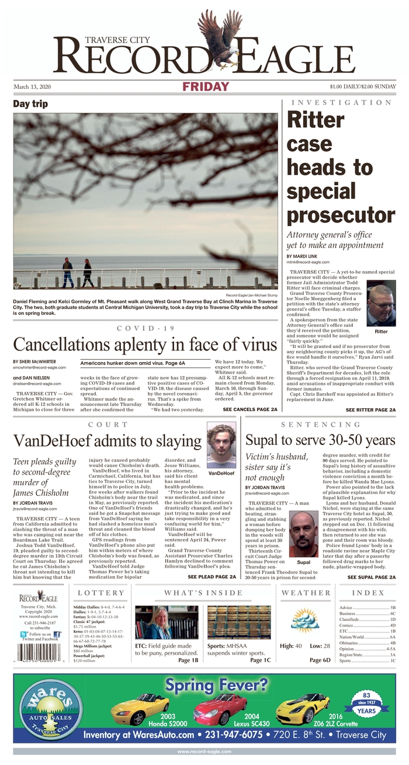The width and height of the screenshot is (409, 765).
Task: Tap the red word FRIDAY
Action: pyautogui.click(x=206, y=87)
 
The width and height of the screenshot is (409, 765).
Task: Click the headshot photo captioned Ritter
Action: pyautogui.click(x=380, y=305)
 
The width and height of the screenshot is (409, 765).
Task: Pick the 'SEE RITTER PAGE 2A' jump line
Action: pyautogui.click(x=370, y=426)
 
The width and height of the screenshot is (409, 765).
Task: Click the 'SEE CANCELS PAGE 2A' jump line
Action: pyautogui.click(x=249, y=426)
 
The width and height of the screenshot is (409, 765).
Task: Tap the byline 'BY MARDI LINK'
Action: pyautogui.click(x=303, y=256)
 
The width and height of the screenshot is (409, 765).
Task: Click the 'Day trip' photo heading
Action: pyautogui.click(x=34, y=104)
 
